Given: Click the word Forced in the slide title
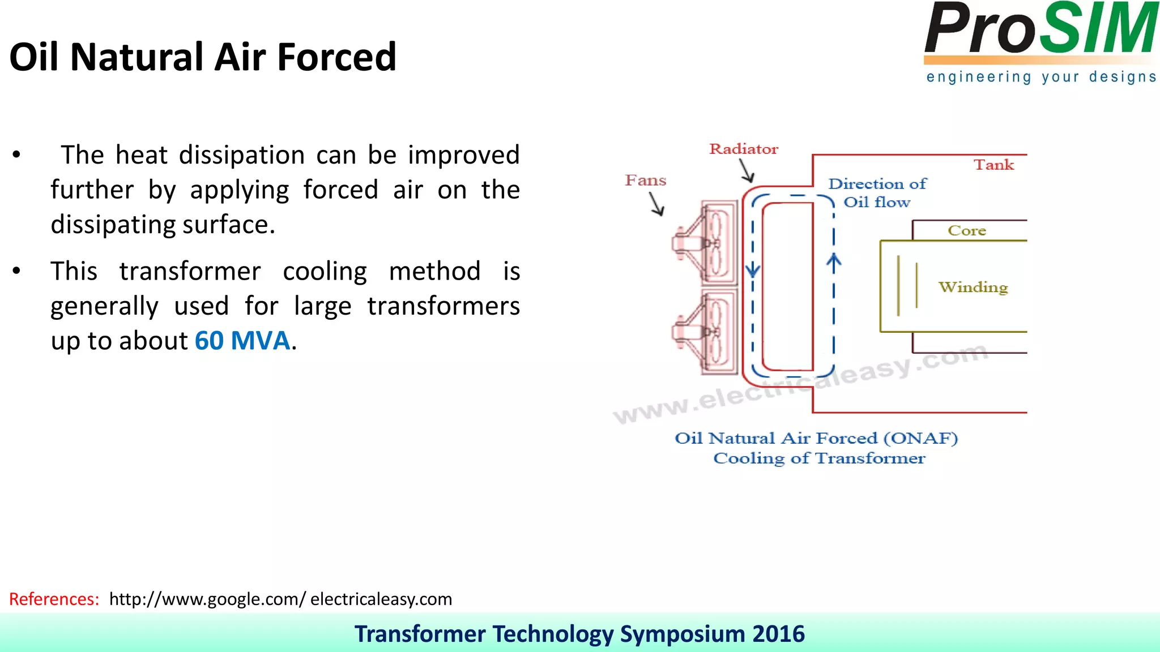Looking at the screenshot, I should (336, 57).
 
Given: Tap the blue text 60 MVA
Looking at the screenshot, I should (242, 341).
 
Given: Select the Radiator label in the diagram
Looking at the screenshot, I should (744, 149).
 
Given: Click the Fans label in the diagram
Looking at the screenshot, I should (645, 181).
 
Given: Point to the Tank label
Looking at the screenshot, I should (993, 165).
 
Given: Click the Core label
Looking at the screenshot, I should (967, 231).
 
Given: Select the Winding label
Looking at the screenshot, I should (973, 287).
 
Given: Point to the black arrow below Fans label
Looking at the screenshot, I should (657, 204).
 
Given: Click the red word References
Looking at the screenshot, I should (54, 599).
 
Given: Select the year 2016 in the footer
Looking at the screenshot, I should (778, 634).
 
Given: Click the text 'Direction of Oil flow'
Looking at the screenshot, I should (877, 193).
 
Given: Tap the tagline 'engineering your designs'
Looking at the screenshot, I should (1041, 77).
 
